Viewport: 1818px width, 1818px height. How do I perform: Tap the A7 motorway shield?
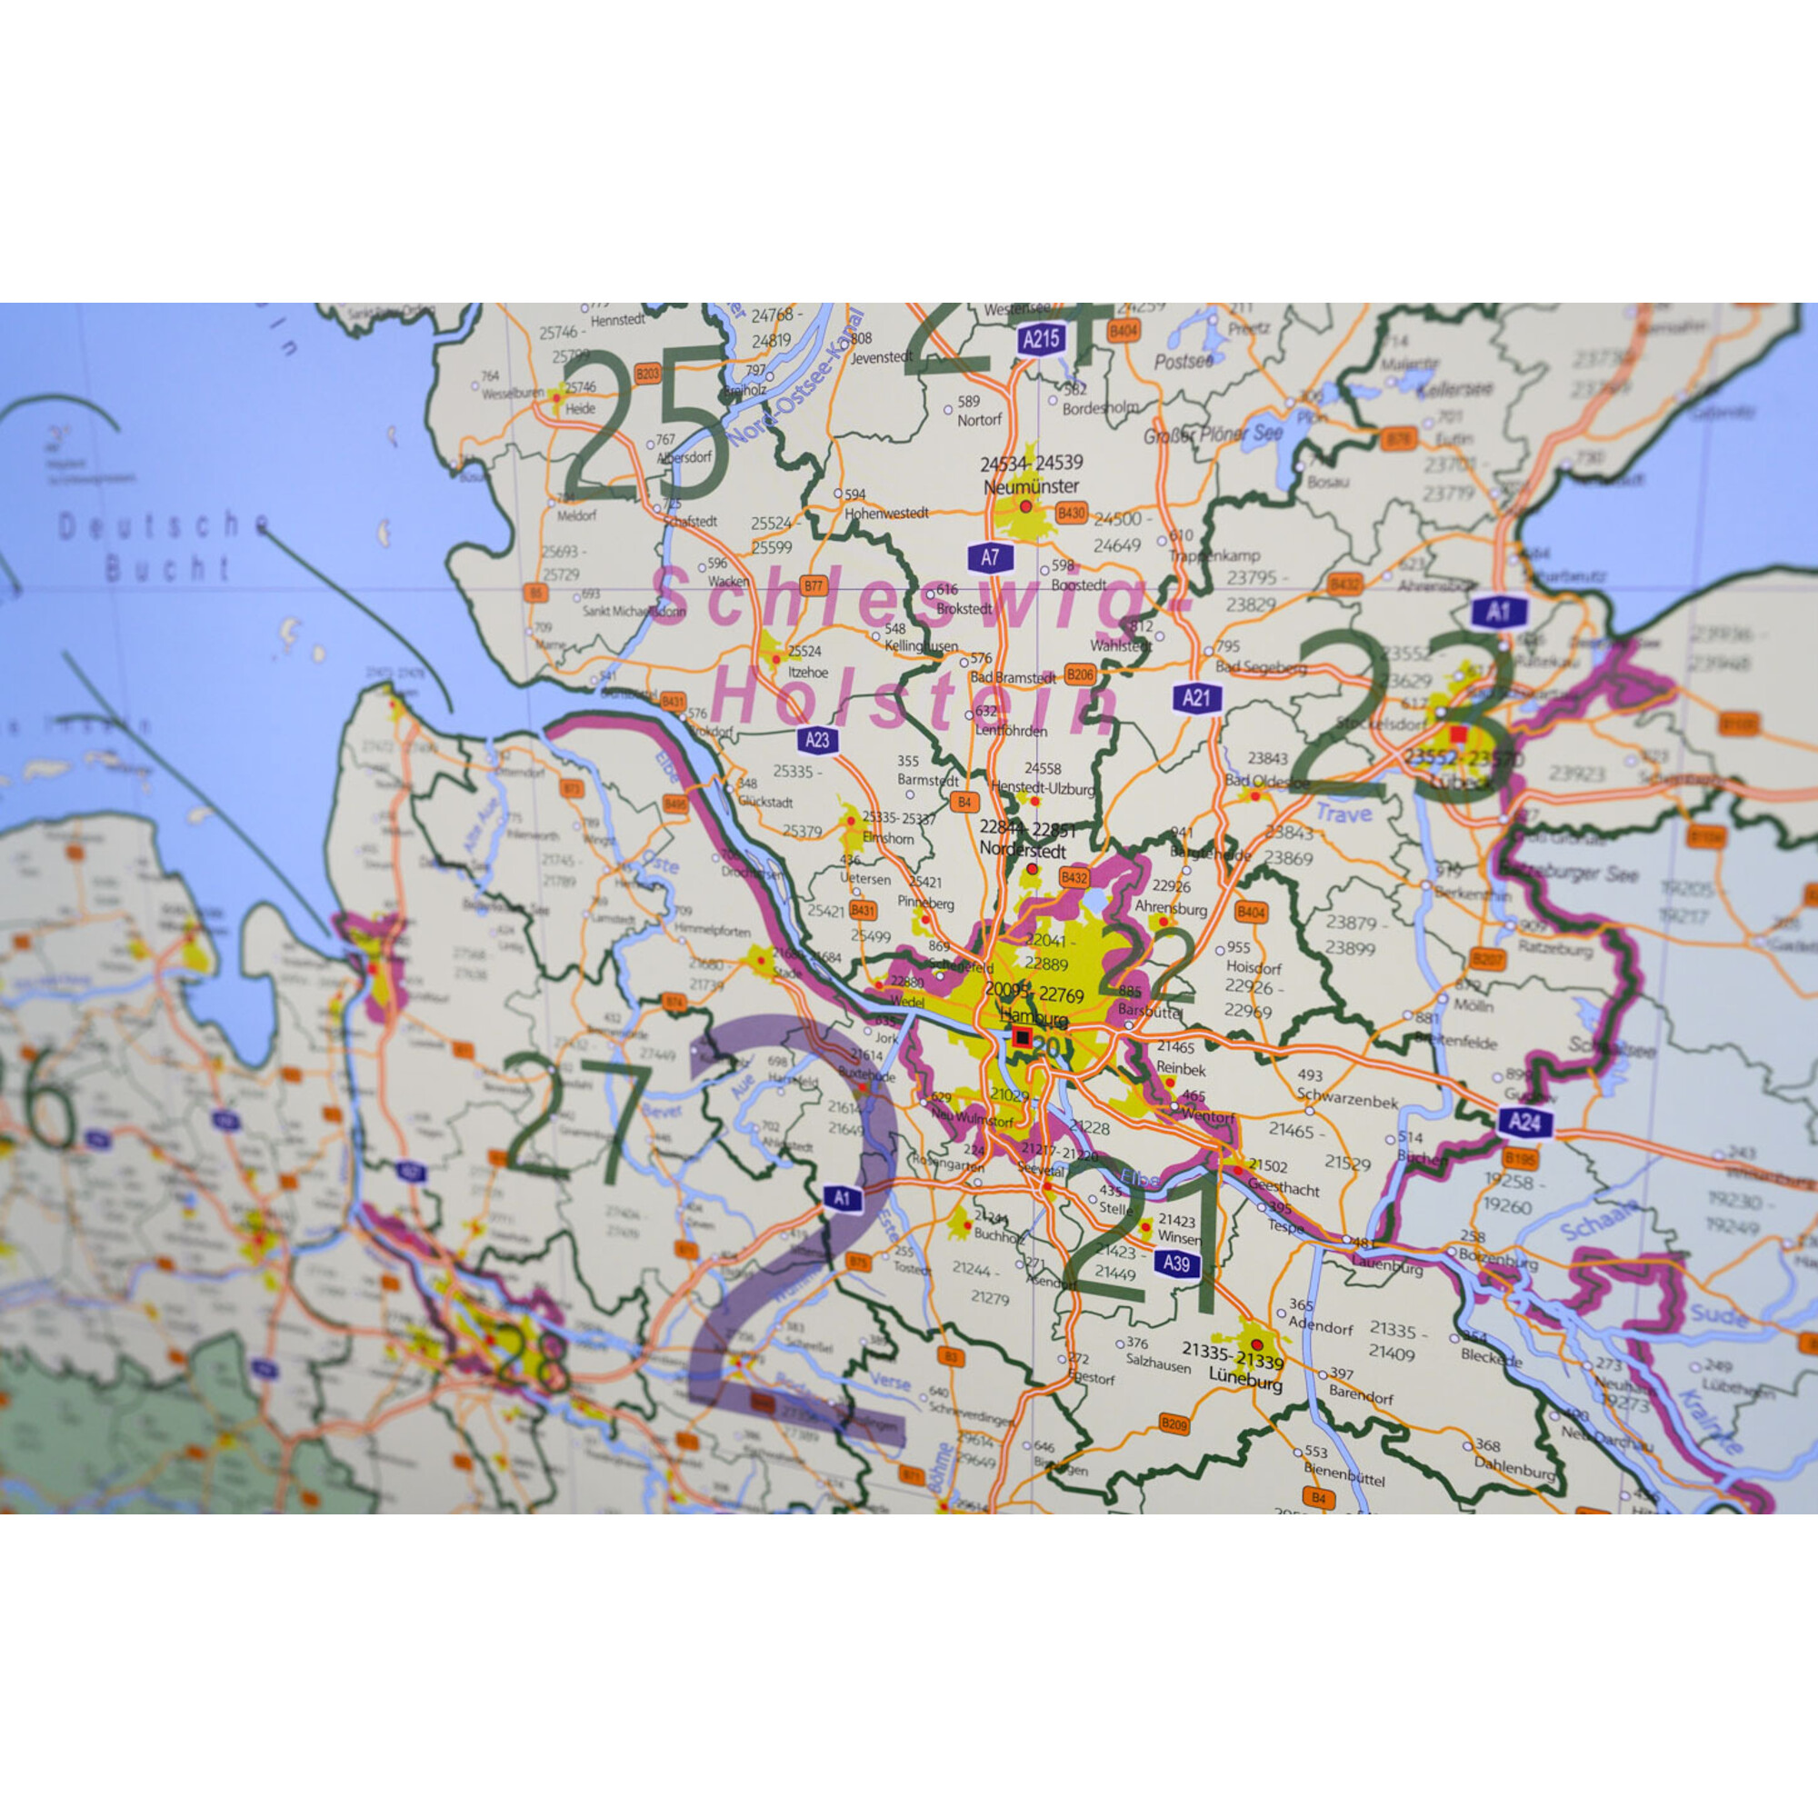[990, 558]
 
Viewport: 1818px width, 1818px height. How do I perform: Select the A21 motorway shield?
[1196, 698]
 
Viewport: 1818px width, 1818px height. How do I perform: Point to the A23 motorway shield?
[818, 740]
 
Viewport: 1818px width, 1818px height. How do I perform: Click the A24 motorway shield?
[1524, 1121]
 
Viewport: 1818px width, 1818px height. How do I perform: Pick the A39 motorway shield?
[1176, 1263]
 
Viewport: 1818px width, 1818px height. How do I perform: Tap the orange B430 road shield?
[1071, 513]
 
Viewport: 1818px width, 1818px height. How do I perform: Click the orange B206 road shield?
[1080, 674]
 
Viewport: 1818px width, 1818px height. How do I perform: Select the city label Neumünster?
[1032, 486]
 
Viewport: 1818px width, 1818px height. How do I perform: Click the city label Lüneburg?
[1245, 1384]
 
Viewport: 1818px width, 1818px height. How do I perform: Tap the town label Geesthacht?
[1284, 1189]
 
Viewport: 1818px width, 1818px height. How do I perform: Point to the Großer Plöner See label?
[1213, 435]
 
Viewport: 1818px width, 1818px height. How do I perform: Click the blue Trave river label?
[1344, 813]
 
